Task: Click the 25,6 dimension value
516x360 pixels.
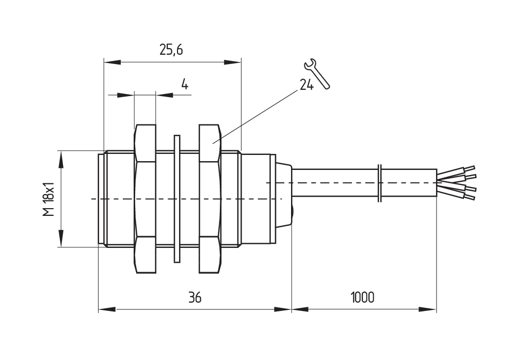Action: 172,50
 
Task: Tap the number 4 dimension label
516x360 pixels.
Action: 184,84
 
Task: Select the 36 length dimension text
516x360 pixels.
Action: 194,298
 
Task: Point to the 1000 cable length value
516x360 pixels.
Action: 362,298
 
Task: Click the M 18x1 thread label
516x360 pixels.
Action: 49,199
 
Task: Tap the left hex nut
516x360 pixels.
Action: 145,199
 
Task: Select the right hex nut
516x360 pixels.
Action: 209,199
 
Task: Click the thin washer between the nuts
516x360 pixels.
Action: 177,199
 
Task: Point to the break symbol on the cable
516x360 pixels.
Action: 380,183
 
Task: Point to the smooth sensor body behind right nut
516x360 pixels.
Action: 256,199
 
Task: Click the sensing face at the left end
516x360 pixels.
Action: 101,199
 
